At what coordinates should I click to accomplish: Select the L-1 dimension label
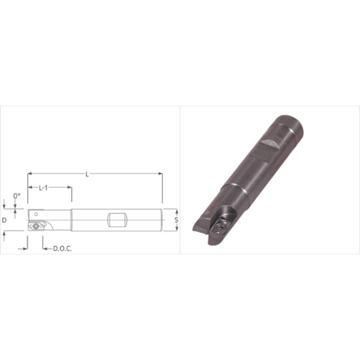point(43,188)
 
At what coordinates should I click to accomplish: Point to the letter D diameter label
point(5,220)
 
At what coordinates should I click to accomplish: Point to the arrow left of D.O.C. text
point(45,247)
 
